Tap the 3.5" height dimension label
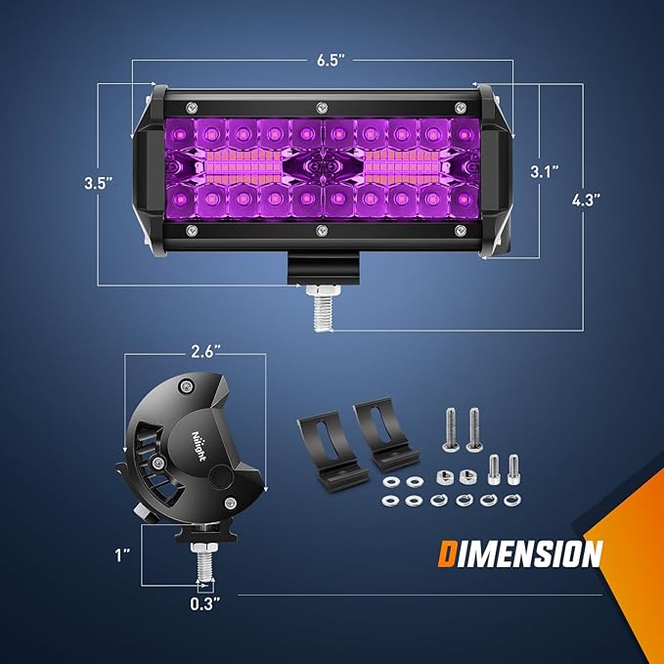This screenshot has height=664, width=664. click(98, 182)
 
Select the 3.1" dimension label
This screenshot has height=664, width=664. click(545, 172)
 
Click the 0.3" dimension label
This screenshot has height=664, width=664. click(204, 603)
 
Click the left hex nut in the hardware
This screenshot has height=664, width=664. click(441, 476)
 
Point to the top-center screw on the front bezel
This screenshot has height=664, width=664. click(320, 107)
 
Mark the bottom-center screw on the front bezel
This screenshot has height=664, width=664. click(320, 231)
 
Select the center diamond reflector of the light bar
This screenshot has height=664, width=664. click(320, 168)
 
